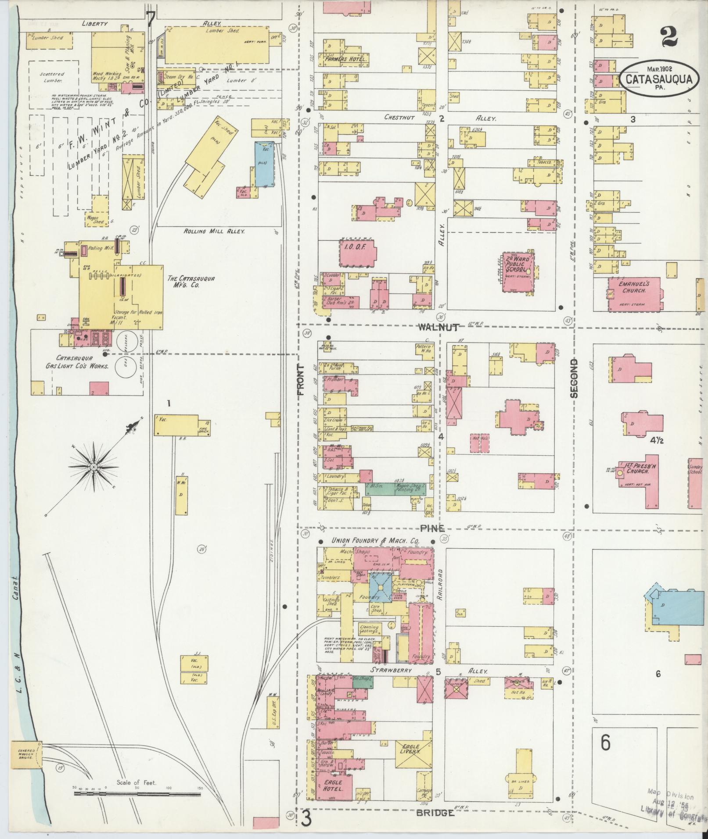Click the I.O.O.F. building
(x=358, y=253)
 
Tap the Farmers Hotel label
(x=346, y=58)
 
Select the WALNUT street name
(x=439, y=327)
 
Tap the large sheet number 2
(x=668, y=36)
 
